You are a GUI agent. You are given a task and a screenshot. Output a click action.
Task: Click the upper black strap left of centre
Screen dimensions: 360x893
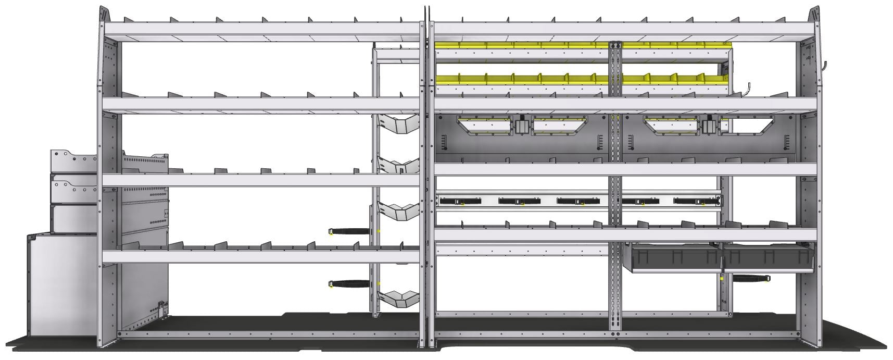coord(350,231)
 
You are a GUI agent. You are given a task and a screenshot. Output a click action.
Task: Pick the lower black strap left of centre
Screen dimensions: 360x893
coord(350,284)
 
